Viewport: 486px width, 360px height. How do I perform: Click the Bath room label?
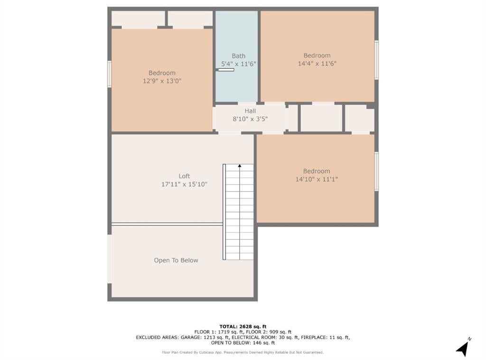(x=238, y=56)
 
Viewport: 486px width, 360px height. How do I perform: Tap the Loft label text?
(x=184, y=176)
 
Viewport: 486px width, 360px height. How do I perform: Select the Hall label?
(x=250, y=111)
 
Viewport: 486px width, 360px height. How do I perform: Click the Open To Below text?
(x=176, y=260)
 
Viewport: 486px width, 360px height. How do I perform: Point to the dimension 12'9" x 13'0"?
(x=162, y=81)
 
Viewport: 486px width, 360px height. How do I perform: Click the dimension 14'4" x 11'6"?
(x=317, y=64)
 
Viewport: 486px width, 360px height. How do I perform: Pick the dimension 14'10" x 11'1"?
(x=317, y=179)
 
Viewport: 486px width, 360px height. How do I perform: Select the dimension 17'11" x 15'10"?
(x=184, y=184)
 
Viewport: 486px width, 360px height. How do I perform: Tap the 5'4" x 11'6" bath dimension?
(x=238, y=64)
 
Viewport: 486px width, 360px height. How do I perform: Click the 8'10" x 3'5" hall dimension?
(x=250, y=119)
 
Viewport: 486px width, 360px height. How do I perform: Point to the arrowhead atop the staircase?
(x=240, y=166)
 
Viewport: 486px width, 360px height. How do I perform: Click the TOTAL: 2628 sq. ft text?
(x=243, y=326)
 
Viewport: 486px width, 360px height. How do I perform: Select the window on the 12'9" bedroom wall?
(x=110, y=74)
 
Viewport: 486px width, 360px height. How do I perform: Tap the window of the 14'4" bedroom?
(x=376, y=60)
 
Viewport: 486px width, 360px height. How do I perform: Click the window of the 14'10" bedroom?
(x=376, y=171)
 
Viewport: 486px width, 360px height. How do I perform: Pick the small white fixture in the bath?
(x=226, y=70)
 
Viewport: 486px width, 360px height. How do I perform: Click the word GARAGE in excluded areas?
(x=191, y=337)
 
